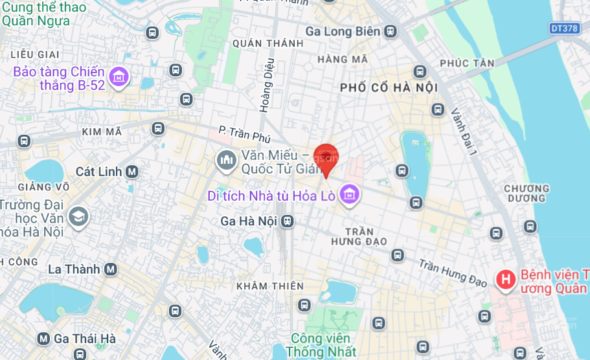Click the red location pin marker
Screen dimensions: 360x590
point(325,158)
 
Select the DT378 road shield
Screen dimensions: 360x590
point(563,28)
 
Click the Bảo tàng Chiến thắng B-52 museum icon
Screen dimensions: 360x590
point(119,78)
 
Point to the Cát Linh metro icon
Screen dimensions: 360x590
point(132,172)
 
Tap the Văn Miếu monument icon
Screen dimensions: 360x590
point(226,160)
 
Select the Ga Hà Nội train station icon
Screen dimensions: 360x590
point(287,221)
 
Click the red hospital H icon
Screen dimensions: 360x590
point(505,280)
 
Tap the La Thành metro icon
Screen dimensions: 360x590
point(111,269)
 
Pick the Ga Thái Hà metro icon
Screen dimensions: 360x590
point(43,339)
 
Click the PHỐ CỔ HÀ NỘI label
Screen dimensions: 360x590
point(389,87)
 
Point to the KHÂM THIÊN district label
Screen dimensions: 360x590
point(270,286)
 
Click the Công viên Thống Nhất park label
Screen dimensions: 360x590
point(321,345)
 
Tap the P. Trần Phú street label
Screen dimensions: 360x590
point(244,135)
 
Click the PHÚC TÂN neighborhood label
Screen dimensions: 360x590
point(467,63)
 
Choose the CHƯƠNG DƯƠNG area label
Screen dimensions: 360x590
point(527,193)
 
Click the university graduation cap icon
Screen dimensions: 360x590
point(78,217)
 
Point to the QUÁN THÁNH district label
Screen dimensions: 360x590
point(267,43)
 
